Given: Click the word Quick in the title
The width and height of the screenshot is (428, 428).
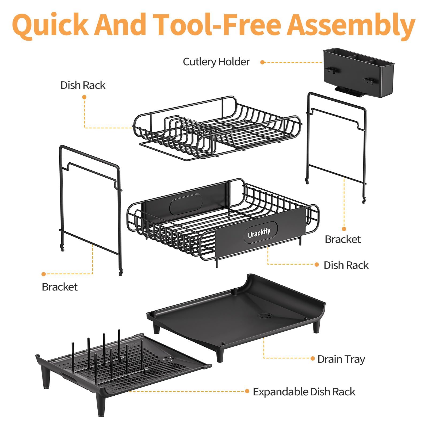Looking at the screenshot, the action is [50, 25].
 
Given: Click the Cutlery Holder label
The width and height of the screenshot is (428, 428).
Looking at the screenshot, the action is [216, 62].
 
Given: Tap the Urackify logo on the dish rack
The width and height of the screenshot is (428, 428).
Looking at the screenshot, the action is [259, 233].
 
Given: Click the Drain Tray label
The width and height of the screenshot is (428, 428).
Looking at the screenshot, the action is [341, 359].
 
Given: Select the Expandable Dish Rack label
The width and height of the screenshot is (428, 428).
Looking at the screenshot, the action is [304, 392].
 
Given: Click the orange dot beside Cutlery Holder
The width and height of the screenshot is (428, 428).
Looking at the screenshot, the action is [262, 62].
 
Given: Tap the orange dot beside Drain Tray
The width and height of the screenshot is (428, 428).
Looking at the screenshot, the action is [312, 358].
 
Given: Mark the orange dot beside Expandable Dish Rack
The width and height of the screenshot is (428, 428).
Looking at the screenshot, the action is [247, 391].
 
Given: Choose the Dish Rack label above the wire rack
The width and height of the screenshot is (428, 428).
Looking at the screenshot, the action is [83, 85].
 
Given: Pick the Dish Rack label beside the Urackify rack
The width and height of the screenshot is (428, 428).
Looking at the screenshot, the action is [346, 265].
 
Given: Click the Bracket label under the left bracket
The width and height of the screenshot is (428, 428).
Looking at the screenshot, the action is [60, 287].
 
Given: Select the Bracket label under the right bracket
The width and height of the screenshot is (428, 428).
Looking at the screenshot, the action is [343, 239].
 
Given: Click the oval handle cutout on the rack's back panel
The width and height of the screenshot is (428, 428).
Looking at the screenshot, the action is [186, 205].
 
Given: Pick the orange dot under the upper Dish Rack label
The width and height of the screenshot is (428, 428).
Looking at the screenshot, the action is [84, 97].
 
